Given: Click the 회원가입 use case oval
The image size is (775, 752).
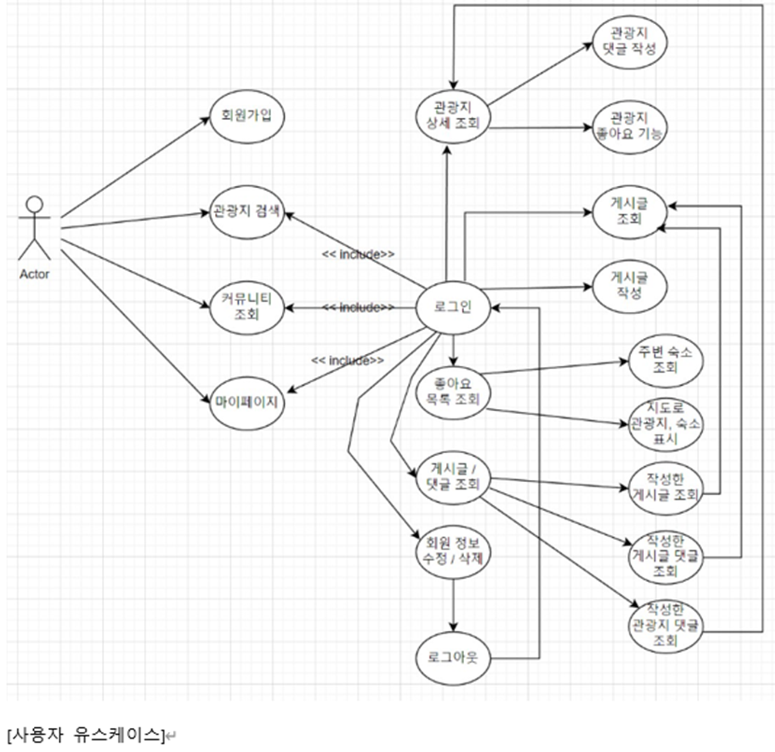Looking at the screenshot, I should point(247,116).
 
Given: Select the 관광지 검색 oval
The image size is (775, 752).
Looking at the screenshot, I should point(247,212).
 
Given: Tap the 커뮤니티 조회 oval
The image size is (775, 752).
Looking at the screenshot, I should point(247,307).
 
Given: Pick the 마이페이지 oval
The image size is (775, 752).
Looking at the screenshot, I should point(247,403).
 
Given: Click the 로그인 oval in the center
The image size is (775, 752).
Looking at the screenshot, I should point(453,307).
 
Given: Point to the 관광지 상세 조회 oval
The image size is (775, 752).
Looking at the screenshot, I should point(453,116).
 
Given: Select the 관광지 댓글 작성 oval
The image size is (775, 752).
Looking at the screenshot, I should point(629,41).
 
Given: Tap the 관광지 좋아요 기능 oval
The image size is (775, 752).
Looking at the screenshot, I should point(629,126).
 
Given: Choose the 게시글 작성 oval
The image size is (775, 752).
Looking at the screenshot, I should point(629,286).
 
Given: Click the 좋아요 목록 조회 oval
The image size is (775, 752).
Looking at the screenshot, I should point(453,391).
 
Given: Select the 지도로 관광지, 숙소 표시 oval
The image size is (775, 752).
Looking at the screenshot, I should point(665,424).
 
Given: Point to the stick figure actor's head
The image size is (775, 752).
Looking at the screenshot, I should point(35,205).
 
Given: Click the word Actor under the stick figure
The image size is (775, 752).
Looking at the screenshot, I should point(34,275).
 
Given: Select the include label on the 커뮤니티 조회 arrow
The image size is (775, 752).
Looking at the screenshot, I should point(358,307).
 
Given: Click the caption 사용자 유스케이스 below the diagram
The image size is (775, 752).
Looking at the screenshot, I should point(86,735).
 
